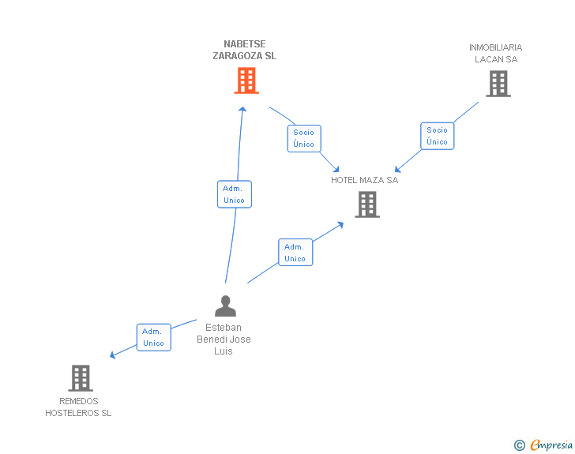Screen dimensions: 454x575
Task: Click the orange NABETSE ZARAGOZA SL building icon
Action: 246,81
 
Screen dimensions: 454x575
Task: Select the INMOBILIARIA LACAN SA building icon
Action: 498,84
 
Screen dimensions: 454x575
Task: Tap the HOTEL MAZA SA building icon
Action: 366,204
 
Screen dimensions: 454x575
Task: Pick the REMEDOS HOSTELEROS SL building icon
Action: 81,378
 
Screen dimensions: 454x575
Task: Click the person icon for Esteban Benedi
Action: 225,306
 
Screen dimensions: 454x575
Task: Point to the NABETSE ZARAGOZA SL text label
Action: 244,51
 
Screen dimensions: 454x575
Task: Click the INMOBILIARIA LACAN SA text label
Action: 495,53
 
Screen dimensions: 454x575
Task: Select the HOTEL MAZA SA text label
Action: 364,180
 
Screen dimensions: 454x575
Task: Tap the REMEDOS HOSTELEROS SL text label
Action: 78,407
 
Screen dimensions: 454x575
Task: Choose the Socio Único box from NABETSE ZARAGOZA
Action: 304,138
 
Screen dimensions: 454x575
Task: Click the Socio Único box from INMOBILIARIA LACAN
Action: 437,136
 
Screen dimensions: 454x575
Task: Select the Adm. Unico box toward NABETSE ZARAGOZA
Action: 234,194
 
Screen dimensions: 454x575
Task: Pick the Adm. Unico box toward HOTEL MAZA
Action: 295,253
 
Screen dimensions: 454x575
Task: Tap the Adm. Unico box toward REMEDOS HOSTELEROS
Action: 153,337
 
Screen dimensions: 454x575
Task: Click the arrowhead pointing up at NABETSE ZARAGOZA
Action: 242,109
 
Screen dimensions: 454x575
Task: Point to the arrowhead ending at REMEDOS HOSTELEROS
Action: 113,355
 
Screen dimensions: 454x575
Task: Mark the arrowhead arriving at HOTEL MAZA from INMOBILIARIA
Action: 398,169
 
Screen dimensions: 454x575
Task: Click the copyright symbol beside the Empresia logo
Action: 519,445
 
